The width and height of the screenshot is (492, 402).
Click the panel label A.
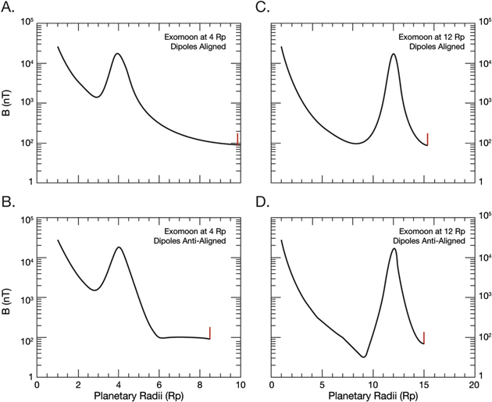pyautogui.click(x=9, y=10)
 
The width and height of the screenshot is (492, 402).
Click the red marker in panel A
pyautogui.click(x=237, y=138)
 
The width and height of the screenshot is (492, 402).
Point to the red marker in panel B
pyautogui.click(x=210, y=333)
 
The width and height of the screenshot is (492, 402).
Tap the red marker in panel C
pyautogui.click(x=427, y=139)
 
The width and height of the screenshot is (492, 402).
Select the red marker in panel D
pyautogui.click(x=423, y=337)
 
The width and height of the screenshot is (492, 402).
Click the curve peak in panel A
pyautogui.click(x=117, y=54)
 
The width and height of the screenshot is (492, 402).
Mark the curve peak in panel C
pyautogui.click(x=393, y=54)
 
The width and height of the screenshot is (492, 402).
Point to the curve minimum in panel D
pyautogui.click(x=363, y=357)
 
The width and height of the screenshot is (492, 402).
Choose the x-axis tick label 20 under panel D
pyautogui.click(x=473, y=385)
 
